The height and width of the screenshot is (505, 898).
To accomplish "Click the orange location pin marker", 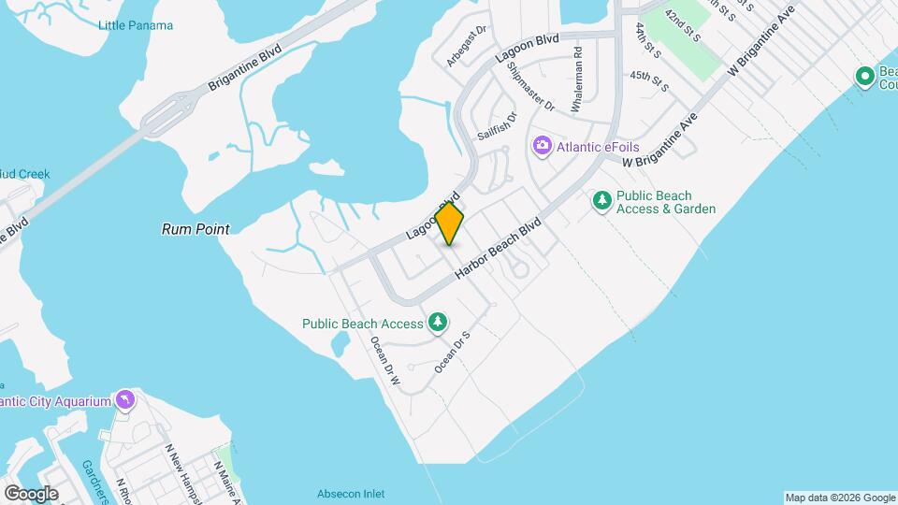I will click(450, 224).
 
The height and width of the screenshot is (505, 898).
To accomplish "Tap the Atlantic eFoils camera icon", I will click(541, 146).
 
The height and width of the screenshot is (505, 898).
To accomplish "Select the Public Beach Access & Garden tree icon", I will click(602, 200).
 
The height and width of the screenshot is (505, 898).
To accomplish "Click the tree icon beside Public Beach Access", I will click(437, 324).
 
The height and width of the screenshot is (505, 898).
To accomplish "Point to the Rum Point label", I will click(196, 228).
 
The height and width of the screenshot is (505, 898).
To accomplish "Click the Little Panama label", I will click(136, 25).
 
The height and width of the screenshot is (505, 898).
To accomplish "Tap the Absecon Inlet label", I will click(350, 494).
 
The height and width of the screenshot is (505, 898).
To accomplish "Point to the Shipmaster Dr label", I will click(530, 94).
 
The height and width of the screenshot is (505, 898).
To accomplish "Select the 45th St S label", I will click(649, 81).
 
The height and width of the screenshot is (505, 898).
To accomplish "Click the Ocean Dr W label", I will click(385, 363).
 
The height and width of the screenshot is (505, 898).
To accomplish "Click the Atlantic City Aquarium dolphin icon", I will click(124, 401).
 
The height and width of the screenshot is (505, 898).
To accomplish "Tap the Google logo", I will click(31, 493).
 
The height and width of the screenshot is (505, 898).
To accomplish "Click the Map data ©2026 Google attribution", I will click(839, 498).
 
